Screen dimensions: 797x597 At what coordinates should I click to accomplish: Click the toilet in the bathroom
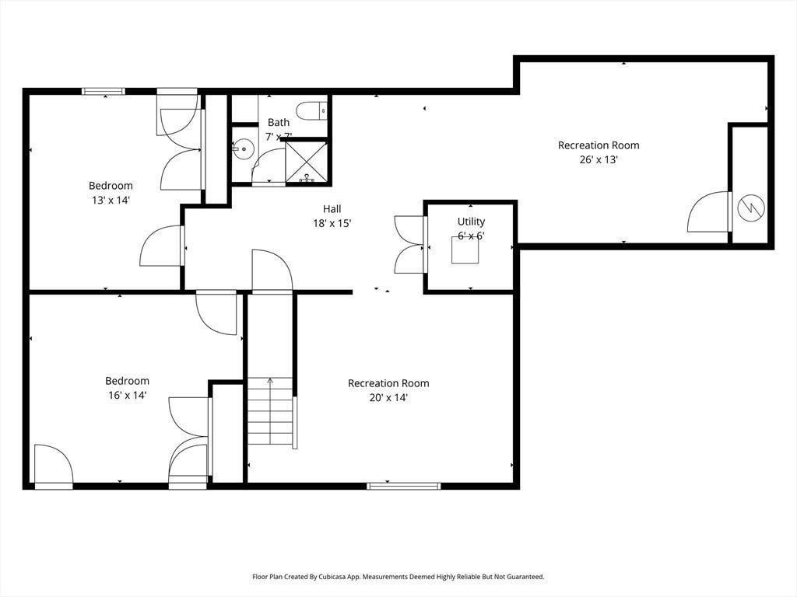pos(311,111)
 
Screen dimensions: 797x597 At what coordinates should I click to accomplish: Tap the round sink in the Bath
pos(244,149)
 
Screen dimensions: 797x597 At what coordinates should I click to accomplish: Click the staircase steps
pos(270,412)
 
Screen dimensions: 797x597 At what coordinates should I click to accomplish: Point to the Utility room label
pos(471,222)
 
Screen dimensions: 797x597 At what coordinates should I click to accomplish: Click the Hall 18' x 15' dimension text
pos(332,223)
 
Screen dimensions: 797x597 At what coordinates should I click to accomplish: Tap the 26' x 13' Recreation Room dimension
pos(599,159)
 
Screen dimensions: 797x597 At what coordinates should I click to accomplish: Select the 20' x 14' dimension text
pos(388,397)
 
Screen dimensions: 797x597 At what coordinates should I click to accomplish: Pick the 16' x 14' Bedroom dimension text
pos(128,395)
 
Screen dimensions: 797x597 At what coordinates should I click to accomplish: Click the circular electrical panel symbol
pos(751,208)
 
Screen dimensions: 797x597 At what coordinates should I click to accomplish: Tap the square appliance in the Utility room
pos(465,250)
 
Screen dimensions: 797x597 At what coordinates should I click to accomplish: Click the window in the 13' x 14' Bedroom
pos(104,92)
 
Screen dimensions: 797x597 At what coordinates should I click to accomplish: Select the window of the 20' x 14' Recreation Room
pos(404,487)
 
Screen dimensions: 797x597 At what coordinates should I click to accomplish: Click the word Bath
pos(279,122)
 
